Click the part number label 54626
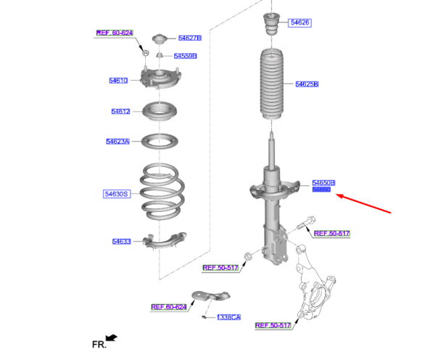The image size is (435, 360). pos(299,23)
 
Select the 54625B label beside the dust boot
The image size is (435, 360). pos(307,84)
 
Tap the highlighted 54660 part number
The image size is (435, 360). pos(321,190)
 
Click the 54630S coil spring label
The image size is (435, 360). pos(116,194)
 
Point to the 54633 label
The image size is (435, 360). pos(121,241)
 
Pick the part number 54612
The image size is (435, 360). pos(120,112)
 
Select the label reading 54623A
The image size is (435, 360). pos(117,142)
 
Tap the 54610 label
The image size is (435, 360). pos(118,81)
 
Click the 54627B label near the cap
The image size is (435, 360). pos(189,38)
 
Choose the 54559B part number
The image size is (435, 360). pos(186,56)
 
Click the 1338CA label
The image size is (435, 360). pos(228,317)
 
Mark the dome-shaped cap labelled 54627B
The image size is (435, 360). pos(159,38)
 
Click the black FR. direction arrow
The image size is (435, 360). pos(111,337)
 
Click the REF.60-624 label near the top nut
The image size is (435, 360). pos(115,33)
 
